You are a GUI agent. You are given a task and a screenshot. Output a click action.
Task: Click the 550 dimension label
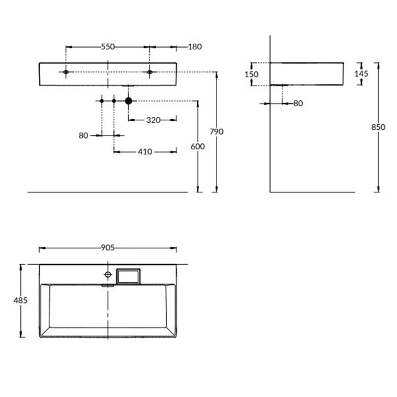(108, 47)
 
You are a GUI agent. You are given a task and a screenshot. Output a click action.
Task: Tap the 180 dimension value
(195, 47)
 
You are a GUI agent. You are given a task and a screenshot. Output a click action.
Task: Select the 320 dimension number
(154, 120)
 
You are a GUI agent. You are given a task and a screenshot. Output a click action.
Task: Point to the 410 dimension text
(145, 151)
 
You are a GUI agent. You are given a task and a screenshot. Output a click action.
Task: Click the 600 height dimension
(197, 146)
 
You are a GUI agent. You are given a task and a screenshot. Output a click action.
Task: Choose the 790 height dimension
(217, 132)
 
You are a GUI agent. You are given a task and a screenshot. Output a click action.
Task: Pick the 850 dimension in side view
(378, 127)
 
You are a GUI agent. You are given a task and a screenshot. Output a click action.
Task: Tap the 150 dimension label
(251, 74)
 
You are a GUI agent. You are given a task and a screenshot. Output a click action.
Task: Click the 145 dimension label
(361, 74)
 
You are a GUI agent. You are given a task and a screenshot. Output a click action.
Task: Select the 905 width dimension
(108, 248)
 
